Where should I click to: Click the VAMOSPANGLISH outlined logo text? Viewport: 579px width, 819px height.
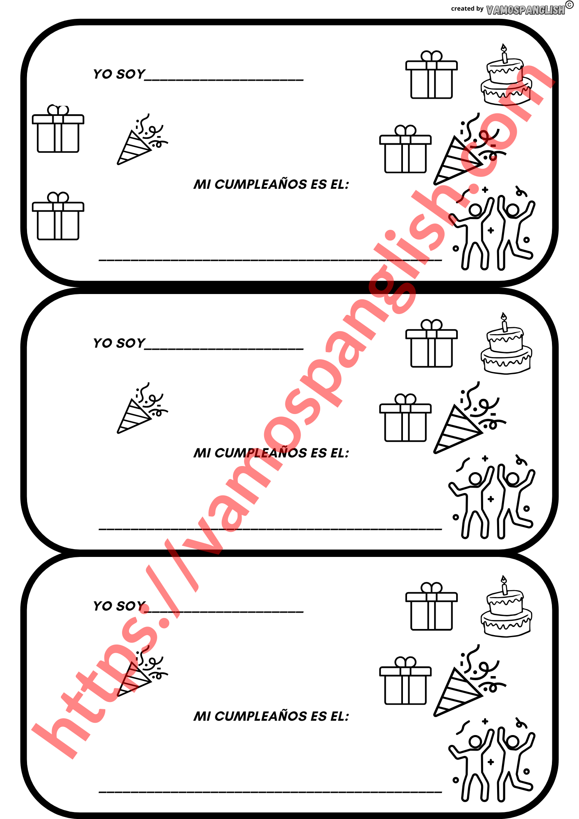tap(525, 10)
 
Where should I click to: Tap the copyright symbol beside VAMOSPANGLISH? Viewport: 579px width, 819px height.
tap(570, 5)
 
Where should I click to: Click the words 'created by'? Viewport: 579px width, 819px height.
tap(467, 9)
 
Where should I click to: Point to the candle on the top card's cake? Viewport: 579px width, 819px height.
tap(504, 54)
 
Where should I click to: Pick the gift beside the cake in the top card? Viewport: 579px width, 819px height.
tap(432, 75)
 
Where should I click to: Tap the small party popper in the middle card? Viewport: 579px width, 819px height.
tap(142, 408)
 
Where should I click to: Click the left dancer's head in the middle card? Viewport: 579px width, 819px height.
tap(475, 479)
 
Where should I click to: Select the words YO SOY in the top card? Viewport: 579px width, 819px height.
tap(119, 74)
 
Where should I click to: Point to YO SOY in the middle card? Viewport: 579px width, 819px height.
tap(119, 343)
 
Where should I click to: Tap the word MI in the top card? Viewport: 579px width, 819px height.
tap(202, 185)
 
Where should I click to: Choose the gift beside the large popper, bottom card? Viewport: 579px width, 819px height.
tap(405, 681)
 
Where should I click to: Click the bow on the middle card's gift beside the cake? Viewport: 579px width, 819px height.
tap(432, 325)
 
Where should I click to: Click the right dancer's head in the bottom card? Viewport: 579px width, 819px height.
tap(513, 742)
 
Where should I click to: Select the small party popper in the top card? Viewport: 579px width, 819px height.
tap(142, 139)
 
